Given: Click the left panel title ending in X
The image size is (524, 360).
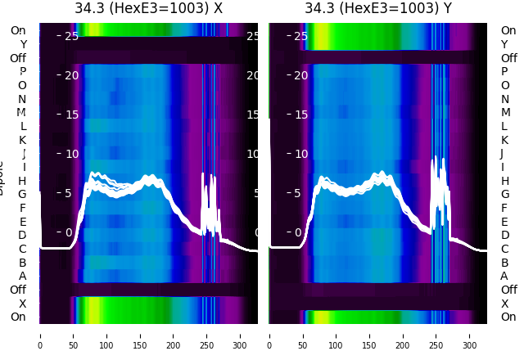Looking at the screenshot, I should click(x=148, y=9).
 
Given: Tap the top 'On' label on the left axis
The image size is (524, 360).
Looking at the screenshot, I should click(x=17, y=30).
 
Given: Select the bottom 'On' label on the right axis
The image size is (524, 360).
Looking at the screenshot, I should click(x=508, y=317).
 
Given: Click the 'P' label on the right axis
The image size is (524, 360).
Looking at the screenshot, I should click(x=504, y=71).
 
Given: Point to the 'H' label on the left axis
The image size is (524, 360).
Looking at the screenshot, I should click(x=22, y=181).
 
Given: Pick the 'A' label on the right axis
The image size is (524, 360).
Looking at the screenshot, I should click(x=504, y=276).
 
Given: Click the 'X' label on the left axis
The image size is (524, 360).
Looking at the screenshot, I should click(x=22, y=304).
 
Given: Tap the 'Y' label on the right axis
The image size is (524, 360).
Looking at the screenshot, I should click(x=504, y=44).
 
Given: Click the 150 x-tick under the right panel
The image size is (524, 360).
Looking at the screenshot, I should click(x=370, y=335).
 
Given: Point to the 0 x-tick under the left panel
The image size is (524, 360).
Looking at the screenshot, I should click(x=40, y=335).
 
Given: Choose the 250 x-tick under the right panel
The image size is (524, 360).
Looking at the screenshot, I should click(x=437, y=335).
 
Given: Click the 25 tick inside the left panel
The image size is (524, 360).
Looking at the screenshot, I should click(x=70, y=36).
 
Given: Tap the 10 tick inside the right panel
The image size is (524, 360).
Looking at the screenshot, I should click(x=300, y=154).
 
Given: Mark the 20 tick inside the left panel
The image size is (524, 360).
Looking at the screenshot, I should click(x=70, y=75).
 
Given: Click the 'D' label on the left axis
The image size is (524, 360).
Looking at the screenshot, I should click(x=22, y=235).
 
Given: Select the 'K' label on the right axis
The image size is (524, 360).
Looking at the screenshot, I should click(x=504, y=140).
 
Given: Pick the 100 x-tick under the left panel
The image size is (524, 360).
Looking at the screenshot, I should click(x=106, y=335).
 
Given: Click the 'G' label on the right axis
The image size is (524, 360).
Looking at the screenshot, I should click(x=504, y=194).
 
